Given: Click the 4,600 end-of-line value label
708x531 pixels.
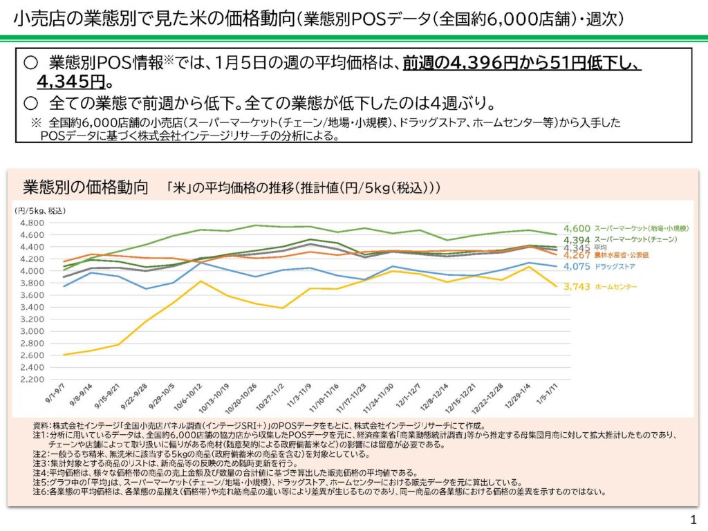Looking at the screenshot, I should pyautogui.click(x=577, y=228).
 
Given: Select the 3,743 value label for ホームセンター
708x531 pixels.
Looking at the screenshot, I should pyautogui.click(x=577, y=287).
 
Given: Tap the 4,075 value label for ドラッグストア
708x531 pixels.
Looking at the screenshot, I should pyautogui.click(x=577, y=266).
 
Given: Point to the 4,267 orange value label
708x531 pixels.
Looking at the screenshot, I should pyautogui.click(x=577, y=256).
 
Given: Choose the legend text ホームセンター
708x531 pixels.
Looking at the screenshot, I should pyautogui.click(x=616, y=287).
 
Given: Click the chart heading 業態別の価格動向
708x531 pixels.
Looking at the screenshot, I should pyautogui.click(x=86, y=187).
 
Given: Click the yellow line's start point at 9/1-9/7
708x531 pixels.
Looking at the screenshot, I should pyautogui.click(x=64, y=355).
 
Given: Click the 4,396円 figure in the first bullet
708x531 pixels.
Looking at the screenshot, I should pyautogui.click(x=481, y=64).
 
